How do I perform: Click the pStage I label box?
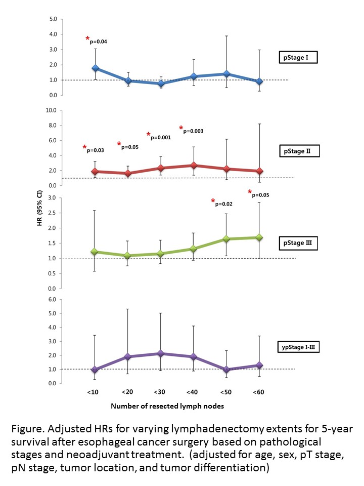(x=298, y=57)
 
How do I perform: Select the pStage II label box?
(x=299, y=151)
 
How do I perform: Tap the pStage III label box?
(x=298, y=243)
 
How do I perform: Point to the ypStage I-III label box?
(x=298, y=347)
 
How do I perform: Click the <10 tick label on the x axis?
(x=93, y=392)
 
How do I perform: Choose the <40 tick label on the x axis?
(x=192, y=392)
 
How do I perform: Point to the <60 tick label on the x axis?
(x=258, y=392)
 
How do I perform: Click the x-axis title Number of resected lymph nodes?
(x=167, y=406)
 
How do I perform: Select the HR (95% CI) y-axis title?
(x=39, y=208)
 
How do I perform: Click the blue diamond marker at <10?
(x=96, y=68)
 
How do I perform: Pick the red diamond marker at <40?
(x=194, y=165)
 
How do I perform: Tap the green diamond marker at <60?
(x=259, y=237)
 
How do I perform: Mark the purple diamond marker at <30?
(x=160, y=353)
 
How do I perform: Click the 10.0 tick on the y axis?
(x=51, y=110)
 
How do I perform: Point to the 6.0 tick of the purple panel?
(x=52, y=299)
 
